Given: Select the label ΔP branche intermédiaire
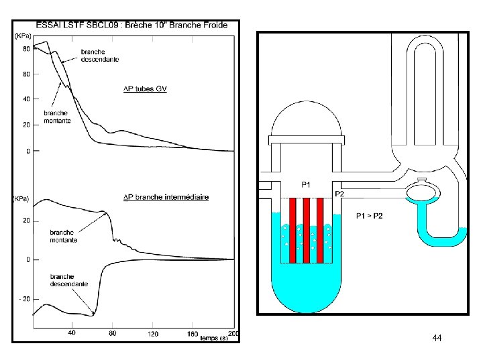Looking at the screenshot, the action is pyautogui.click(x=166, y=197).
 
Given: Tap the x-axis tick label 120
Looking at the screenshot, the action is pyautogui.click(x=152, y=333).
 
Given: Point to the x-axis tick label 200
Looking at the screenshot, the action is pyautogui.click(x=233, y=333).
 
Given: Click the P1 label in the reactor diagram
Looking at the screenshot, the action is pyautogui.click(x=306, y=184).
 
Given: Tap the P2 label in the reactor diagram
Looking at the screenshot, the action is pyautogui.click(x=339, y=194).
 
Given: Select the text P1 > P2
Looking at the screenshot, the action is pyautogui.click(x=370, y=216).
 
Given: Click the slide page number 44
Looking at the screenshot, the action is pyautogui.click(x=437, y=339).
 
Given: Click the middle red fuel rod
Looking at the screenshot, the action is pyautogui.click(x=306, y=231).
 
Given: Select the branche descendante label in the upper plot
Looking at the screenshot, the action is pyautogui.click(x=100, y=56).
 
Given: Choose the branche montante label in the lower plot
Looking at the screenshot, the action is pyautogui.click(x=64, y=236).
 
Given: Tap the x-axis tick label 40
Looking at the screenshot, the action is pyautogui.click(x=71, y=333).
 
